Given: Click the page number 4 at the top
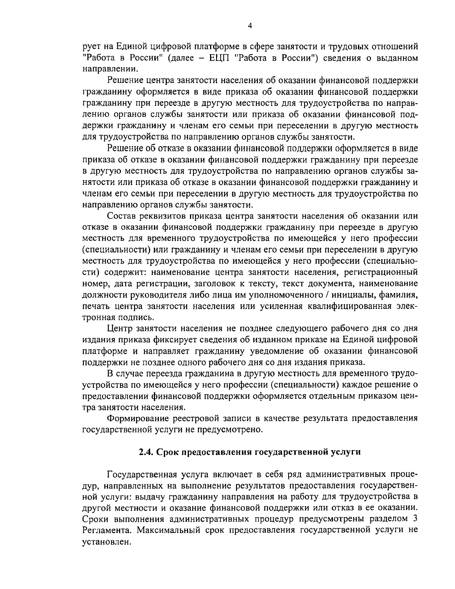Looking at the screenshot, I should (x=249, y=25).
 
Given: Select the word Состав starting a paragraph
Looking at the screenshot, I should (x=121, y=216).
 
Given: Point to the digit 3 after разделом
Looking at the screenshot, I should (x=415, y=519).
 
